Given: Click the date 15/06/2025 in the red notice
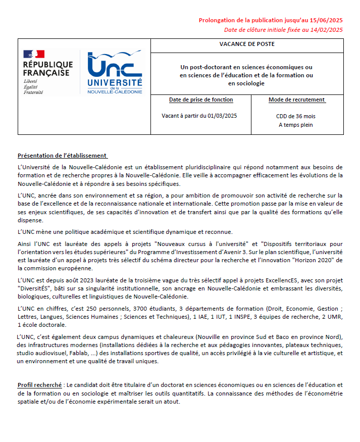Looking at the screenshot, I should (327, 20).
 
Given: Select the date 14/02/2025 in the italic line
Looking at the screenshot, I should (327, 30).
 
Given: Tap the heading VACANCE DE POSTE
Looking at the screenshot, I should (247, 44).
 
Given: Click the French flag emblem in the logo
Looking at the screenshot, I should (34, 54).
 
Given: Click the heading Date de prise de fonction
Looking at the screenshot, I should (201, 100).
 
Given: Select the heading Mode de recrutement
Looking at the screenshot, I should (297, 100).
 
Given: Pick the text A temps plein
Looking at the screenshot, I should (296, 125).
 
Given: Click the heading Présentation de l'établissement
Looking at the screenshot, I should (63, 156).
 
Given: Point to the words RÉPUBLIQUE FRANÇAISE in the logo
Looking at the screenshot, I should (47, 69).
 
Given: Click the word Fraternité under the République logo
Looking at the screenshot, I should (33, 92).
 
